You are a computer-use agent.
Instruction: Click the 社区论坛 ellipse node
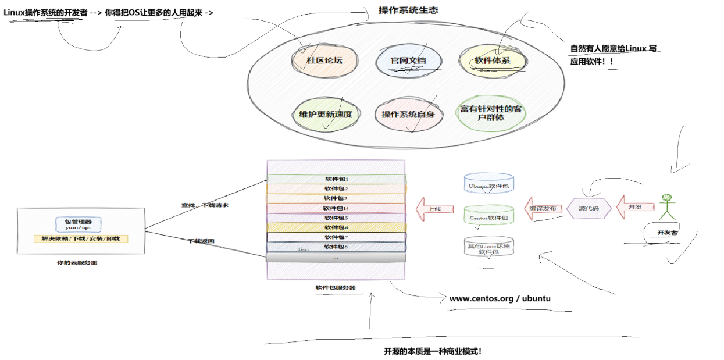click(x=324, y=60)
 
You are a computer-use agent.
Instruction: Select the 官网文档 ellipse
click(x=408, y=60)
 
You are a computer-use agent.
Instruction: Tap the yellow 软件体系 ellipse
click(x=492, y=60)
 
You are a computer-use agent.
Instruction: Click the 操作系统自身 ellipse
click(x=408, y=114)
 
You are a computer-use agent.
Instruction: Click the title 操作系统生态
click(x=408, y=10)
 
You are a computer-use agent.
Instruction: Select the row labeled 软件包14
click(x=336, y=208)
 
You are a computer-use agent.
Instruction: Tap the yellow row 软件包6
click(x=336, y=227)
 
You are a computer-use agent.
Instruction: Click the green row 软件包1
click(x=336, y=179)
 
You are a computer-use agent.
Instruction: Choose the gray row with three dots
click(x=336, y=257)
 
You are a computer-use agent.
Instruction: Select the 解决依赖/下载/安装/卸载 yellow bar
click(x=81, y=239)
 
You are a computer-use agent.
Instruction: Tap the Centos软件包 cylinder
click(x=488, y=216)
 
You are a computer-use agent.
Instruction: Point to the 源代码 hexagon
click(x=589, y=208)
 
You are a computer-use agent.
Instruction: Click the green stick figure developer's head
click(x=666, y=198)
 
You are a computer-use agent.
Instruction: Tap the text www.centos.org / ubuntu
click(x=500, y=298)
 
